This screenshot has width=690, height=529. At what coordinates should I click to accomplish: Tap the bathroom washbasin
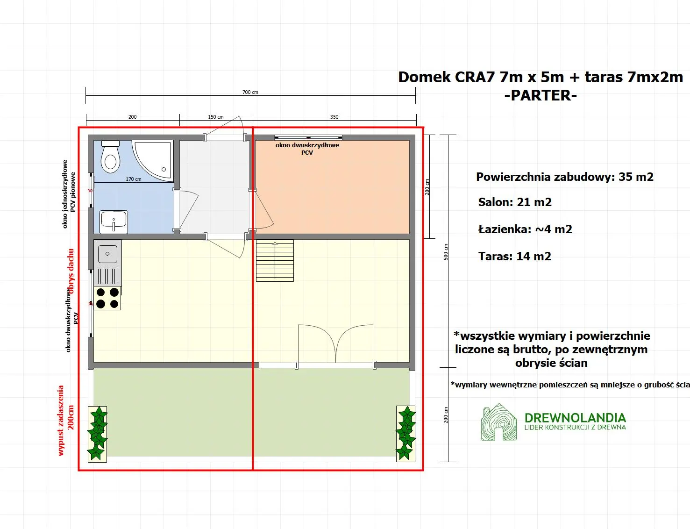pos(114,222)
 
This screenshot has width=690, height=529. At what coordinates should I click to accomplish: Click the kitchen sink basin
pos(107,254)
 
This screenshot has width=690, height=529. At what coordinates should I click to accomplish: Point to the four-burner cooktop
pos(107,298)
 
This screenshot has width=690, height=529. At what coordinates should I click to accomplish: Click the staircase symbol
pos(275,261)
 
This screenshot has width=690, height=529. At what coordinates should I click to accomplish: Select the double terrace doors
pos(335,343)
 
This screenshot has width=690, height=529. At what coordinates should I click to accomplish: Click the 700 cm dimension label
pos(250,92)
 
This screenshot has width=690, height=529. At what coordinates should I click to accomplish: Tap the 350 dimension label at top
pos(334,117)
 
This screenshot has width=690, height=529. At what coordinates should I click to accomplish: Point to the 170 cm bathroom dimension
pos(133,179)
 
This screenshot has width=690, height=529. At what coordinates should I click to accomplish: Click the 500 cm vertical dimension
pos(446,252)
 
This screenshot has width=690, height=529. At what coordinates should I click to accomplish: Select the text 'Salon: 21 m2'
pos(514,202)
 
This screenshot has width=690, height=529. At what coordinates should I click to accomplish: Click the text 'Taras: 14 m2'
pos(514,257)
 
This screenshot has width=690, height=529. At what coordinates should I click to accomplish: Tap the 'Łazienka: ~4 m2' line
pos(525,229)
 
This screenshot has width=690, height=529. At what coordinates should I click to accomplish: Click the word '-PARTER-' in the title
pos(541,95)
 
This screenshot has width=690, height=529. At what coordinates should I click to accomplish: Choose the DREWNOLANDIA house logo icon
pos(498,422)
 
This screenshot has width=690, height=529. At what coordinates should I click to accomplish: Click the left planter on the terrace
pos(97,434)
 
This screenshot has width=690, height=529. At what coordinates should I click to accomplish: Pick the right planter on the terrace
pos(405,434)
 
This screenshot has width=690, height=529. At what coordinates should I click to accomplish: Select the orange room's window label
pos(307,149)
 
